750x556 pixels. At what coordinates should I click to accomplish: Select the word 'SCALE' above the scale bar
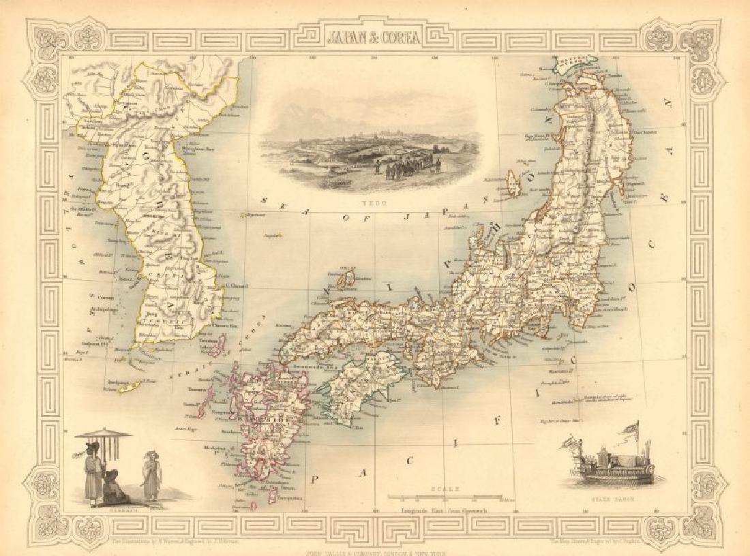click(x=442, y=488)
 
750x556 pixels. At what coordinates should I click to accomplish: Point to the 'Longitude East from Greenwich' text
click(x=443, y=510)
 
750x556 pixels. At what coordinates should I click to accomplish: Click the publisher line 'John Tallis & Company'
click(x=374, y=552)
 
